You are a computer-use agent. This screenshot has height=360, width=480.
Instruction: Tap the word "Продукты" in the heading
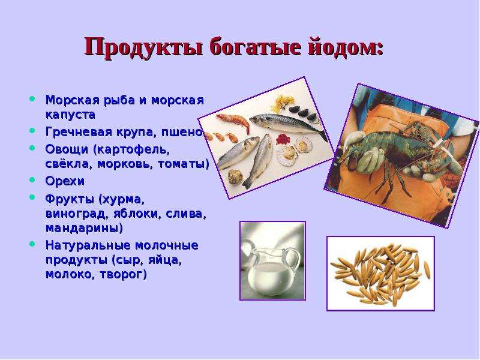tap(143, 47)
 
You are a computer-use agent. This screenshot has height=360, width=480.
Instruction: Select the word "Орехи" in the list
tap(65, 181)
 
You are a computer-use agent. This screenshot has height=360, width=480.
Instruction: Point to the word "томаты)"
tap(184, 164)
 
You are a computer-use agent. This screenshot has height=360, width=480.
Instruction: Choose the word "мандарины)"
tap(84, 228)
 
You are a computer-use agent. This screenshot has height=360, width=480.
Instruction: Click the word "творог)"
tap(124, 274)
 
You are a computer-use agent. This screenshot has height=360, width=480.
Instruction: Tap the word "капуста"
tap(70, 115)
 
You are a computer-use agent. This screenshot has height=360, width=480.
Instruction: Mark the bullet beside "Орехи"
tap(32, 179)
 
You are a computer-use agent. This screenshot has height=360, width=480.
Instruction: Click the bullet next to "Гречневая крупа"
tap(32, 131)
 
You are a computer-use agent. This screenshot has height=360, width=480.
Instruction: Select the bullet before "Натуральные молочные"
tap(32, 244)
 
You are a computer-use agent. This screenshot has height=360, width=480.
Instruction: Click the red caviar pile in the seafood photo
tap(283, 139)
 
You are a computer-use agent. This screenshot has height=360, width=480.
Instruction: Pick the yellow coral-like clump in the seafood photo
tap(283, 103)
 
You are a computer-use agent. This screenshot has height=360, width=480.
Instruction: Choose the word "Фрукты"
tap(70, 199)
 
